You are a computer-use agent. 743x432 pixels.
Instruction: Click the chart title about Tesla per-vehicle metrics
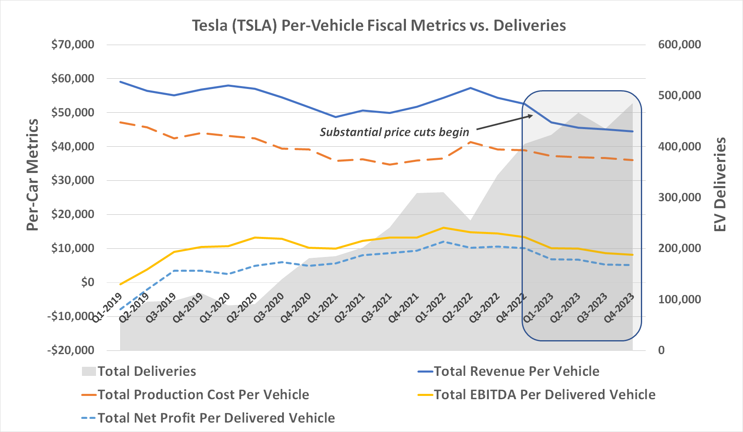[x=379, y=25]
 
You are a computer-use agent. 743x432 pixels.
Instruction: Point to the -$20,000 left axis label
[x=71, y=350]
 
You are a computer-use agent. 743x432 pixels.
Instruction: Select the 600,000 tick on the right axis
[x=679, y=44]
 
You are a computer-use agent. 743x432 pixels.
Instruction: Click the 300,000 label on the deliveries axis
[x=679, y=197]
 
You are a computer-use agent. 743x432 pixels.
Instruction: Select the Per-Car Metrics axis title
[x=32, y=175]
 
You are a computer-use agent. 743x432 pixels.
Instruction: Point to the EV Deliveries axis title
[x=720, y=184]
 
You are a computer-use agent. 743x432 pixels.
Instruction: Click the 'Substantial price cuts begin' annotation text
[x=394, y=132]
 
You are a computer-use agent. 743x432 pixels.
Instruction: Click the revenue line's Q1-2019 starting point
[x=120, y=82]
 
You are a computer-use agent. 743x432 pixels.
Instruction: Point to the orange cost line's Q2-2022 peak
[x=471, y=142]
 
